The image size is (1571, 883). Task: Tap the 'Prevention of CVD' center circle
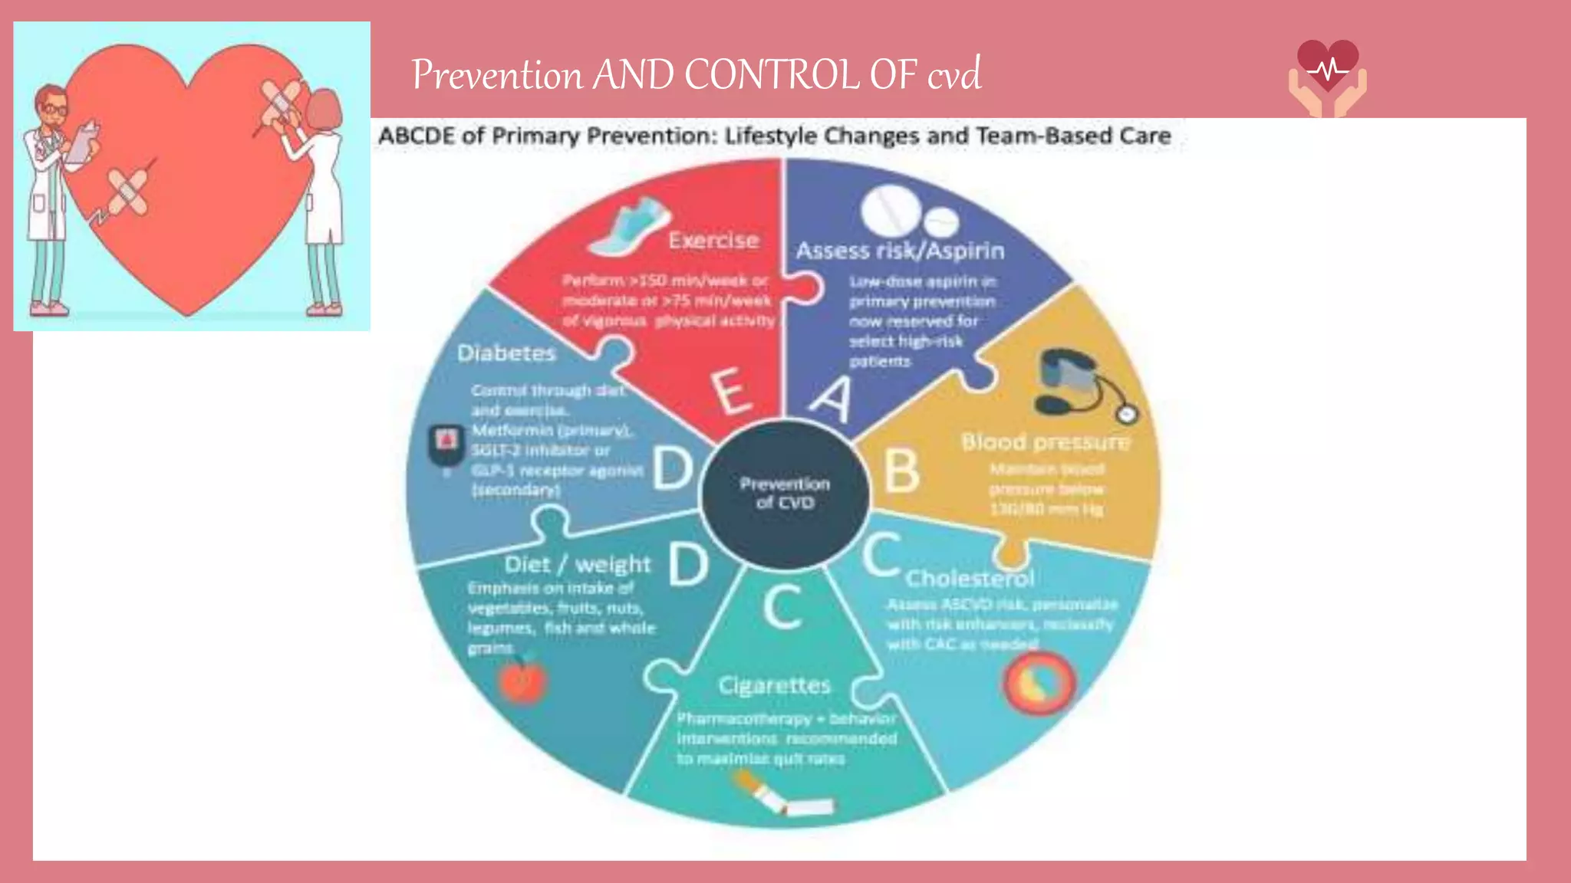tap(785, 494)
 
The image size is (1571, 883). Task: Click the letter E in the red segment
tap(731, 391)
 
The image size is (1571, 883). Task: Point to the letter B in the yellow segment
tap(901, 470)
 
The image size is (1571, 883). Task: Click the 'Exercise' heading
tap(713, 240)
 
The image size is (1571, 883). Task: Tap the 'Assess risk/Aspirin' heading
tap(900, 251)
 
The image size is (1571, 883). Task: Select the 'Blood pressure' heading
tap(1045, 442)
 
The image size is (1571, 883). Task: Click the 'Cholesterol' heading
tap(970, 578)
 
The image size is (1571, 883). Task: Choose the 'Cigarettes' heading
tap(774, 685)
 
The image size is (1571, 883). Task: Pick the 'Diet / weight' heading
tap(577, 565)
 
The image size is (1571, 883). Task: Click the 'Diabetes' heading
tap(506, 353)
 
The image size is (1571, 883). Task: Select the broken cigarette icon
tap(782, 797)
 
